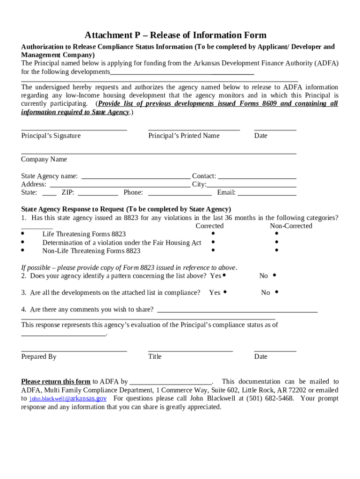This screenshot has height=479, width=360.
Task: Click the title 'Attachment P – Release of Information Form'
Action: click(175, 36)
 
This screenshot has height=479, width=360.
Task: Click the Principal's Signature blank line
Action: click(74, 130)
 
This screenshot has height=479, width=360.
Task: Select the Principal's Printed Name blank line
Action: click(194, 130)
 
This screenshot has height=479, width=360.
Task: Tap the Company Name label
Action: click(44, 160)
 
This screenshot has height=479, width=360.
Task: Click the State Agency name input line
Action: click(136, 178)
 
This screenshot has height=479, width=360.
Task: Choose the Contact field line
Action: click(257, 178)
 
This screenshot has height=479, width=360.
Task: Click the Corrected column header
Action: click(209, 226)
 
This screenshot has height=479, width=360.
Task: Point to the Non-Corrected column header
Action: click(291, 226)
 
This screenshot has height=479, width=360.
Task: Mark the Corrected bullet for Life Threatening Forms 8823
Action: click(213, 233)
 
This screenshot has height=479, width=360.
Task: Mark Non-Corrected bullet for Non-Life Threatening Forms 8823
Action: click(277, 250)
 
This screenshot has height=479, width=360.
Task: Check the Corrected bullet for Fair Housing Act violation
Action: click(213, 242)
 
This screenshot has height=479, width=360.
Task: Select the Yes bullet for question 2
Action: click(224, 276)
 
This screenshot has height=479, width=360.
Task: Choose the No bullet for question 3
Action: click(277, 292)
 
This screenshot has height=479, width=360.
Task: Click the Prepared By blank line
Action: click(74, 350)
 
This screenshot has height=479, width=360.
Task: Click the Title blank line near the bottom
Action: click(190, 350)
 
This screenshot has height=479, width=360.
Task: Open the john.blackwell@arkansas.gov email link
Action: click(68, 399)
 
